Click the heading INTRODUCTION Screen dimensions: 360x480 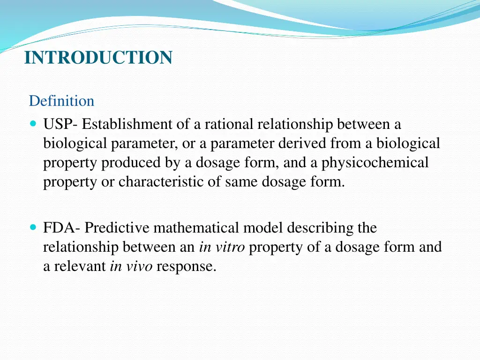[98, 58]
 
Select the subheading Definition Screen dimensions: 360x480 [61, 101]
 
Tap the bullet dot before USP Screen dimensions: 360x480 [33, 125]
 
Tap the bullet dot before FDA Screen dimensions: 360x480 [33, 228]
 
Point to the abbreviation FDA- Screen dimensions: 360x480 [62, 228]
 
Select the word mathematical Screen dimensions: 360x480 [196, 228]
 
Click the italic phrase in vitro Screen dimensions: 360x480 [222, 247]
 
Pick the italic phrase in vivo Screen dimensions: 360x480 [131, 266]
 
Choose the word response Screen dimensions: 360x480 [186, 266]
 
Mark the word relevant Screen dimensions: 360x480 [79, 266]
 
